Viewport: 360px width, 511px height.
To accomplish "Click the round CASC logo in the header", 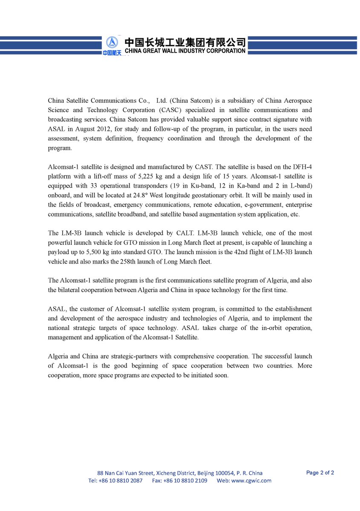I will [112, 43].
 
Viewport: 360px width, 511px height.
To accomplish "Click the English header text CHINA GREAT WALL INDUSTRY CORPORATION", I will [185, 51].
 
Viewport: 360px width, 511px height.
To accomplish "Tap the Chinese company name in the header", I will [185, 42].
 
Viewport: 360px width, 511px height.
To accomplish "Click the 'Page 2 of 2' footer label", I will [320, 473].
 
